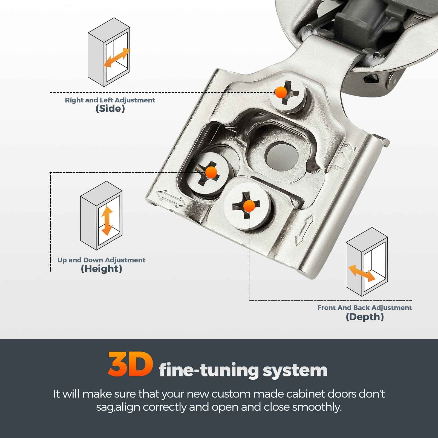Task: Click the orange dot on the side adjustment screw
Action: point(281,93)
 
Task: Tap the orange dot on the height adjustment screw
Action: point(211,172)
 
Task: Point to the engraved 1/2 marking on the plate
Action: point(346,159)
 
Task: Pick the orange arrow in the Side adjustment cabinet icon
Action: point(117,58)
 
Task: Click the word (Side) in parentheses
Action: point(110,109)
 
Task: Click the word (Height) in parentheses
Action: point(101,269)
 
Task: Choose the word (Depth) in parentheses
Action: point(365,317)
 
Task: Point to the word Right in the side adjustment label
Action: point(74,100)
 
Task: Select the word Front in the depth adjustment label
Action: point(327,308)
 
